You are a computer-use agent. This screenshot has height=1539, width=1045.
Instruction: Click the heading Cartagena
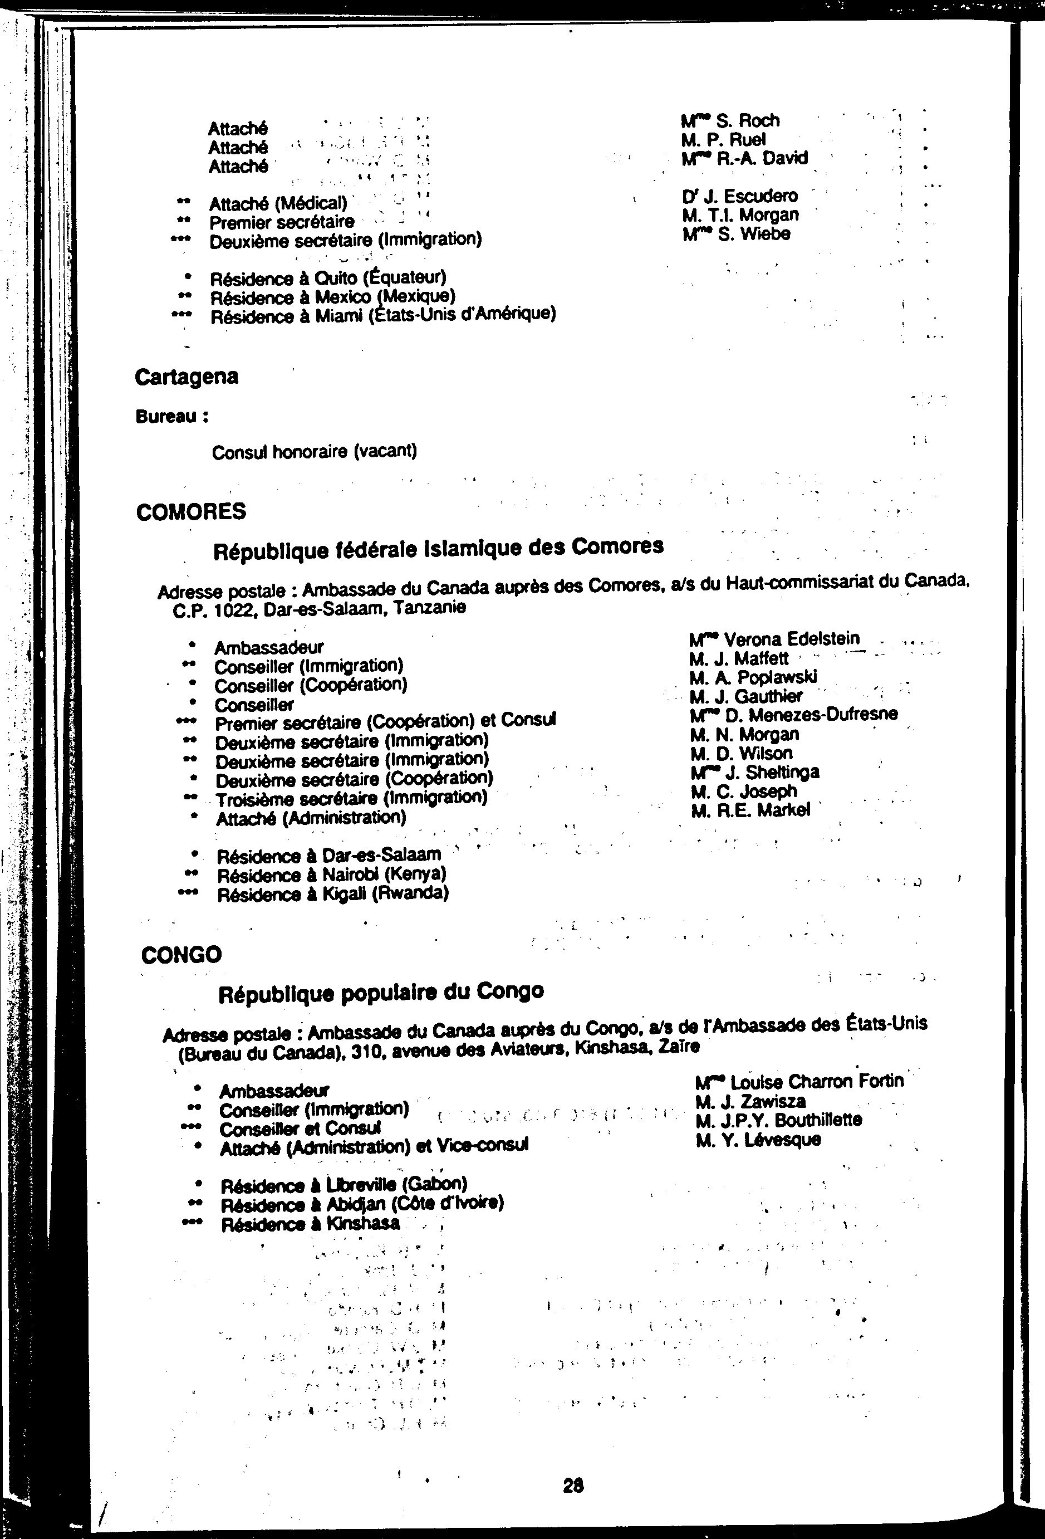pyautogui.click(x=186, y=377)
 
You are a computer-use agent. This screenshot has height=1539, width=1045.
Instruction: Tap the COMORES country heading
pyautogui.click(x=190, y=511)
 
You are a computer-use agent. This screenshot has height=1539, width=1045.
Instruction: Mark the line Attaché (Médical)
pyautogui.click(x=278, y=203)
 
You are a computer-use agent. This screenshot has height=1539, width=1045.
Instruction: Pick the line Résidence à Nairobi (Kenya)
pyautogui.click(x=332, y=875)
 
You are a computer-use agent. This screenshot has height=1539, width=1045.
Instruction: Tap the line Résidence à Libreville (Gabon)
pyautogui.click(x=344, y=1184)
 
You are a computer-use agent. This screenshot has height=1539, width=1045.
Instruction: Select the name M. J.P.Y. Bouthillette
pyautogui.click(x=778, y=1121)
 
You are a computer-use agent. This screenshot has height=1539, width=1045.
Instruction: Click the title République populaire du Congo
pyautogui.click(x=381, y=992)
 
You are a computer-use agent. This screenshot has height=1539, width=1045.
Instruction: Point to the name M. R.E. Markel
pyautogui.click(x=750, y=810)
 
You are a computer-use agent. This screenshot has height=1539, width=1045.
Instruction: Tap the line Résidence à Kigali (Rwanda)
pyautogui.click(x=333, y=894)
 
